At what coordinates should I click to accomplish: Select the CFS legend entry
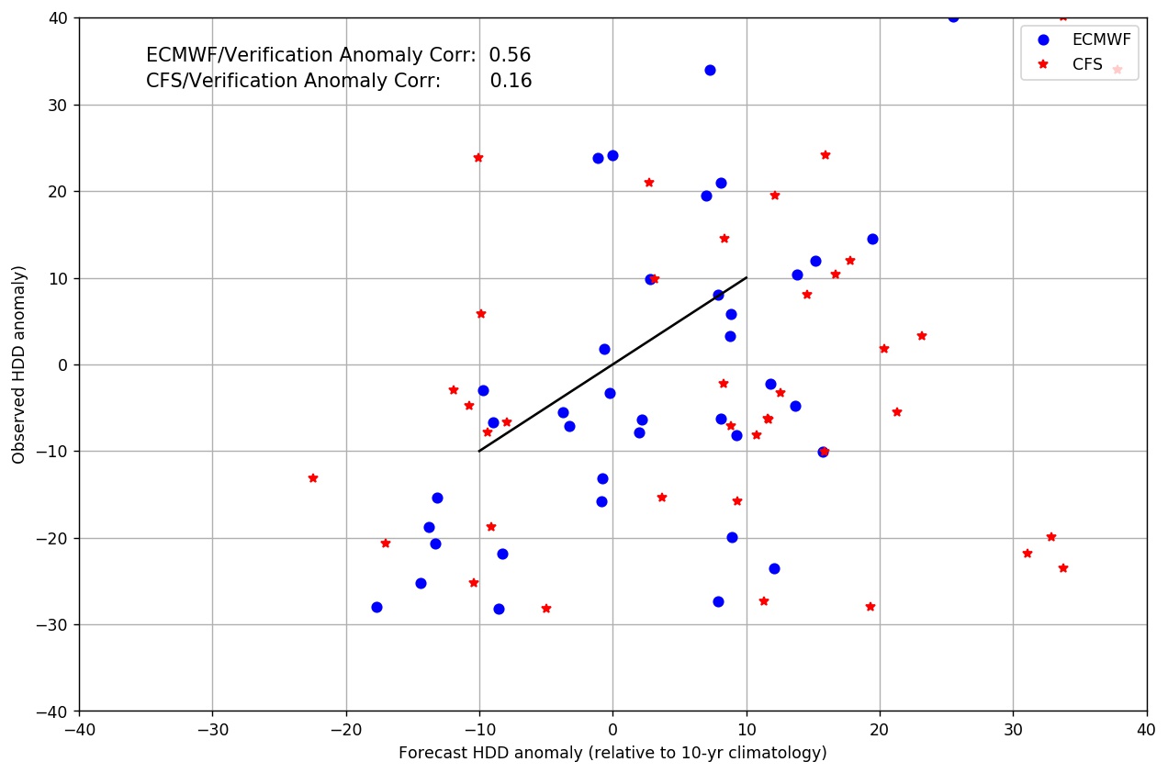[1087, 64]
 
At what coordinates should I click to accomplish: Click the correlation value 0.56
[510, 55]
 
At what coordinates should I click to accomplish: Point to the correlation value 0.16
[511, 81]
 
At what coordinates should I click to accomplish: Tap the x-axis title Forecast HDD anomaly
[612, 753]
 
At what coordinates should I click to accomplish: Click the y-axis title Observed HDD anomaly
[18, 364]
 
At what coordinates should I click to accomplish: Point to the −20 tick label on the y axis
[54, 538]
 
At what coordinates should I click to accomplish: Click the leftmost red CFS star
[313, 478]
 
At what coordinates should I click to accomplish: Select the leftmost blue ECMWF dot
[376, 607]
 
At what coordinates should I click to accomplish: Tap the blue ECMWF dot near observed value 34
[710, 70]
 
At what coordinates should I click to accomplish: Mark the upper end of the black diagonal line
[747, 277]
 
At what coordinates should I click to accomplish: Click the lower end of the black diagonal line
[479, 451]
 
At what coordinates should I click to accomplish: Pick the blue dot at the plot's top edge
[953, 17]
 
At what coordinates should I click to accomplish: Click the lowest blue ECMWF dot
[499, 609]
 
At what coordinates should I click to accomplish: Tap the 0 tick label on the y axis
[65, 364]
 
